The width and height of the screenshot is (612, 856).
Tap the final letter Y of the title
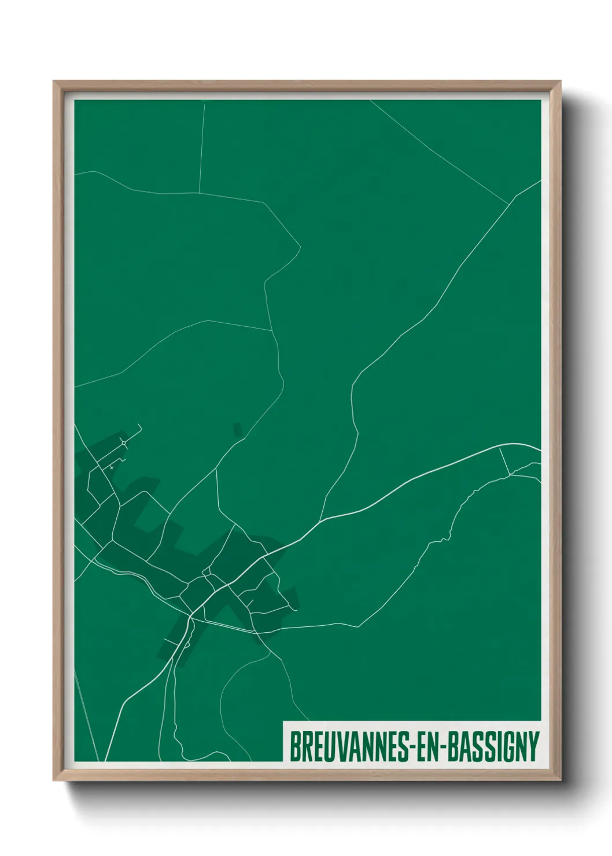point(533,747)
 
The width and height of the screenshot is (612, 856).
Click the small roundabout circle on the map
point(124,444)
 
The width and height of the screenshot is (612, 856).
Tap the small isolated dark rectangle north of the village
point(237,429)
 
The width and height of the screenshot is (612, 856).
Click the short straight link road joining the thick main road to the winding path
point(504,461)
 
